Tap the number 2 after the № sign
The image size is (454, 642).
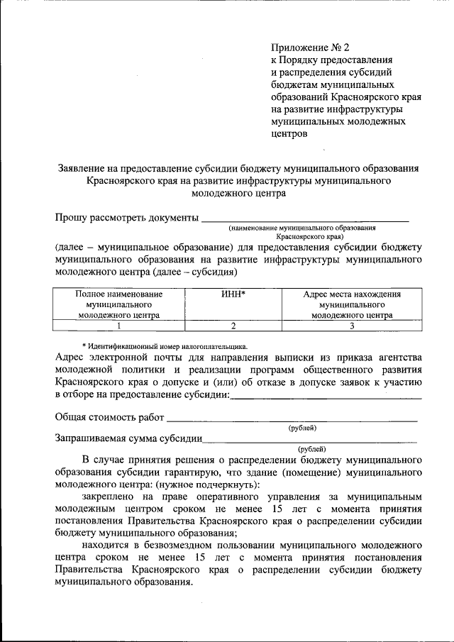(x=347, y=48)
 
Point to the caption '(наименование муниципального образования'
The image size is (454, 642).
(x=301, y=228)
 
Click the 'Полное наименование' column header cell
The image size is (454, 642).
(x=119, y=303)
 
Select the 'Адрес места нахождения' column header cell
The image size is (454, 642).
(x=352, y=303)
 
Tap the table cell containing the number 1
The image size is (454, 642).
(x=119, y=326)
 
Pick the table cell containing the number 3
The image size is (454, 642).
(x=352, y=326)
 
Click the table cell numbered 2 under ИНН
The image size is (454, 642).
(x=232, y=326)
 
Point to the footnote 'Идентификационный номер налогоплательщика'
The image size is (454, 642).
(x=167, y=339)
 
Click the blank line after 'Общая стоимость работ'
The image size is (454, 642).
(x=292, y=420)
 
